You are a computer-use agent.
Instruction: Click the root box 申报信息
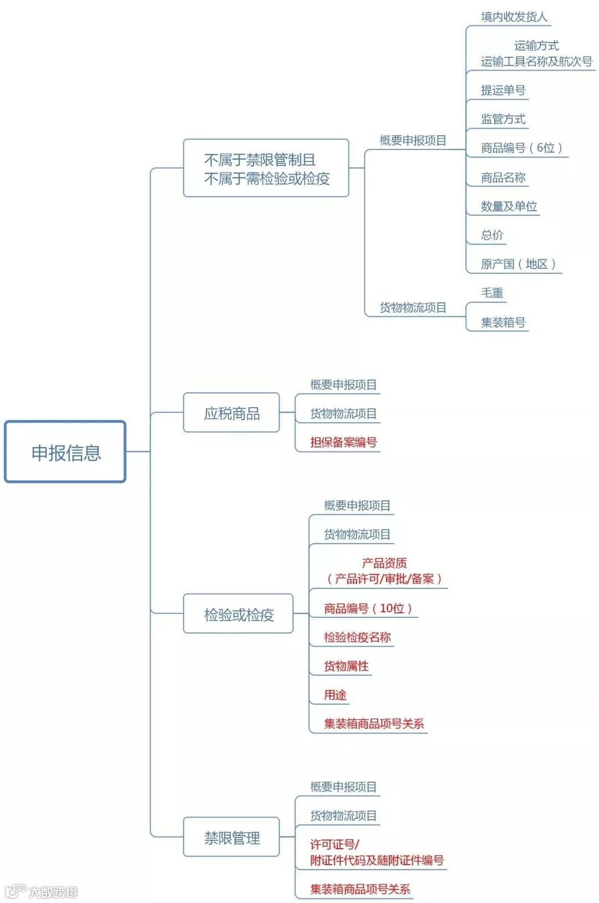[x=65, y=452]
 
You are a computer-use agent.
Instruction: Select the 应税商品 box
[x=231, y=413]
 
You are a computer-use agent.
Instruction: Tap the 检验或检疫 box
[x=238, y=614]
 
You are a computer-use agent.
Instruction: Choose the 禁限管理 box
[x=231, y=837]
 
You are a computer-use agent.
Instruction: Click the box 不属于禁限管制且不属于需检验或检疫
[x=266, y=169]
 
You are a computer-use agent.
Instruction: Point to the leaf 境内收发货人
[x=514, y=17]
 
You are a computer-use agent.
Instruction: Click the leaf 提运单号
[x=502, y=90]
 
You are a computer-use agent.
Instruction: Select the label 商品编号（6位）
[x=521, y=148]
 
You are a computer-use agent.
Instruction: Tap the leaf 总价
[x=492, y=235]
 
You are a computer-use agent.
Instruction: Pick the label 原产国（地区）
[x=518, y=264]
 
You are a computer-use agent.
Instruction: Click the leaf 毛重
[x=492, y=293]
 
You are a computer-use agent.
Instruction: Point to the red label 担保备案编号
[x=343, y=442]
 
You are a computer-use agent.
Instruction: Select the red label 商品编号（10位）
[x=368, y=608]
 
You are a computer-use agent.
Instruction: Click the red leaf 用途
[x=335, y=695]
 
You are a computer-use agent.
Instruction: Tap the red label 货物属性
[x=346, y=666]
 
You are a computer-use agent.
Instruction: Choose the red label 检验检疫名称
[x=357, y=637]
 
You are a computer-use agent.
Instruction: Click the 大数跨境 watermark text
[x=53, y=892]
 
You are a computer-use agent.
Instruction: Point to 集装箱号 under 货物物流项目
[x=502, y=322]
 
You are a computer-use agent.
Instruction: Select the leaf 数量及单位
[x=509, y=206]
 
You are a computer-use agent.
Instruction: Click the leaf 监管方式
[x=502, y=119]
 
